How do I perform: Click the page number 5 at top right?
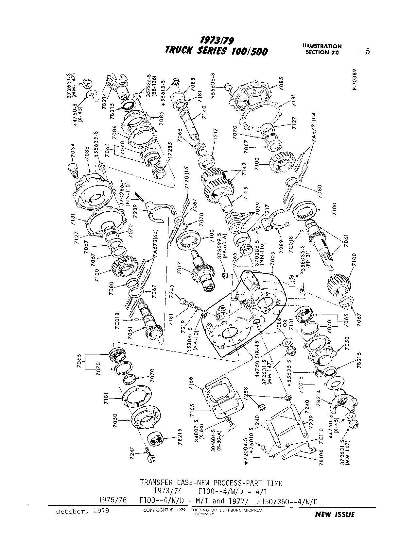click(x=368, y=51)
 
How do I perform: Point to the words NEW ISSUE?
click(x=334, y=514)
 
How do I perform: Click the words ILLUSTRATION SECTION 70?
click(x=323, y=49)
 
